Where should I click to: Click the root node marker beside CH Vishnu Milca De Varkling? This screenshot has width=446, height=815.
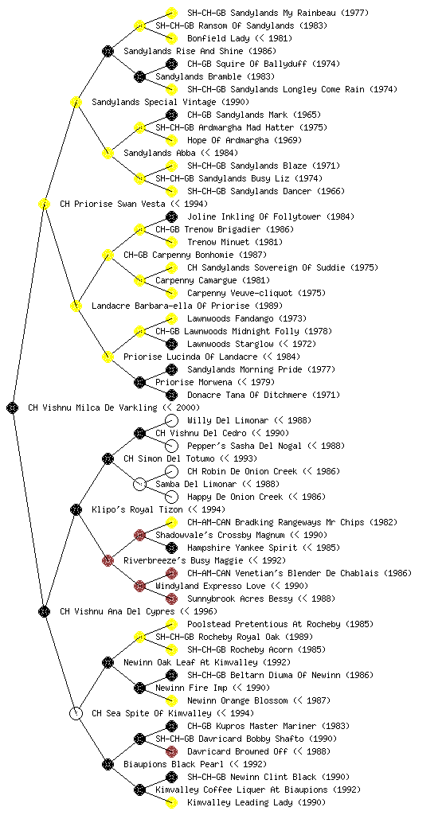(x=13, y=407)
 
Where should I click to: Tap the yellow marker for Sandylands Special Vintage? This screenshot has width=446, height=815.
(x=76, y=102)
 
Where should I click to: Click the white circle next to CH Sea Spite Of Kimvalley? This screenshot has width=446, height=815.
(x=76, y=713)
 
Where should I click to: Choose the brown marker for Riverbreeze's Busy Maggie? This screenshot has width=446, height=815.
(x=108, y=560)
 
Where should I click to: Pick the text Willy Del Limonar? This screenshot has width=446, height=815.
(x=229, y=420)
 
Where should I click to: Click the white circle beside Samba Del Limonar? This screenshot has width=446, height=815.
(x=139, y=484)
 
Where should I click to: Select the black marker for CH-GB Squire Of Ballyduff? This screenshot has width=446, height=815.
(x=171, y=64)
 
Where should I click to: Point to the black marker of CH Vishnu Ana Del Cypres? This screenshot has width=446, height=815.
(x=44, y=611)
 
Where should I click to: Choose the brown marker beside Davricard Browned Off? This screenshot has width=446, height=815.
(x=171, y=751)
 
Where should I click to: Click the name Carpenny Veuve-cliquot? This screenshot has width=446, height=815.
(x=240, y=293)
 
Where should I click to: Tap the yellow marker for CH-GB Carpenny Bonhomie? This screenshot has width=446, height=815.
(x=108, y=255)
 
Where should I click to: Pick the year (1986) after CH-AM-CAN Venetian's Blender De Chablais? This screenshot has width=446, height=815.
(x=397, y=573)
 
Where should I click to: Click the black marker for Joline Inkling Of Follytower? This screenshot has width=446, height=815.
(x=171, y=216)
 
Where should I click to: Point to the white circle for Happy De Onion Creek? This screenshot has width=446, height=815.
(x=171, y=497)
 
